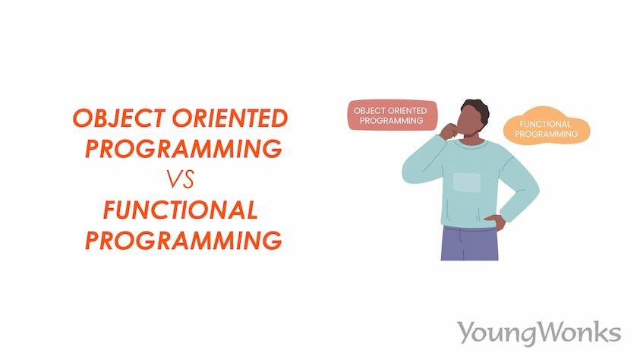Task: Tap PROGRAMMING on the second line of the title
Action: [x=183, y=148]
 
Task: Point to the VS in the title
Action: [x=181, y=179]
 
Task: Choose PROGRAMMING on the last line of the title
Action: [x=183, y=241]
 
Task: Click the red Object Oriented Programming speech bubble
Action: [x=392, y=115]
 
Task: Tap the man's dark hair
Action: [x=476, y=106]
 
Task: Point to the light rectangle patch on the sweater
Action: [x=467, y=182]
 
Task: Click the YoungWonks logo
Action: [x=538, y=332]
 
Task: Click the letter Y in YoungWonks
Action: [x=465, y=331]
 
